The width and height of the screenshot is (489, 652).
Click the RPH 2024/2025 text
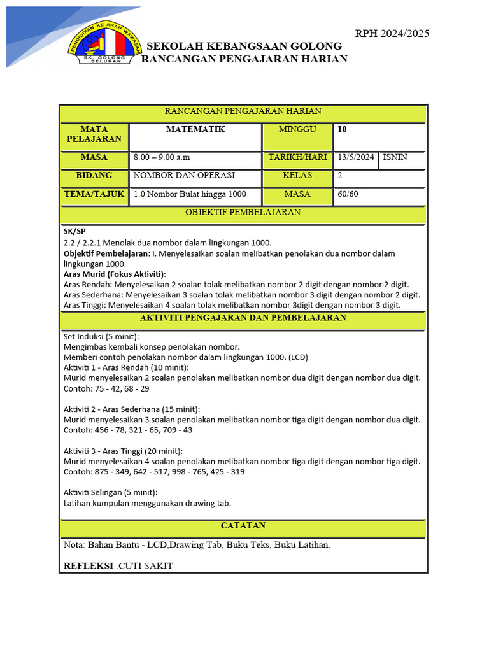(392, 34)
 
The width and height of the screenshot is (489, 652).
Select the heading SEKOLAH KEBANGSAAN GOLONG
(244, 46)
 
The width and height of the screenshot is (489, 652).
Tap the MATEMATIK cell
(195, 130)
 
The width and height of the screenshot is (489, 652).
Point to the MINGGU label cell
(297, 130)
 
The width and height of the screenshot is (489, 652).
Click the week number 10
(343, 129)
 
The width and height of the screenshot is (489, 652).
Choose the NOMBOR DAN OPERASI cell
(184, 176)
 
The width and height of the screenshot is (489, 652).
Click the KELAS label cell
(297, 176)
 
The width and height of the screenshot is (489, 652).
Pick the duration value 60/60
(348, 194)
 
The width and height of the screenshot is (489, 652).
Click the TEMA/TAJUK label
(94, 194)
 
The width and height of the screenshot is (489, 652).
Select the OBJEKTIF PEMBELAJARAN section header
(243, 213)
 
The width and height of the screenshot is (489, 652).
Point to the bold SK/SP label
(74, 231)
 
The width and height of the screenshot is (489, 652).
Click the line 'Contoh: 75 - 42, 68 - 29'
(107, 388)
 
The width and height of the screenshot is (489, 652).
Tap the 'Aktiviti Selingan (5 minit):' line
(111, 492)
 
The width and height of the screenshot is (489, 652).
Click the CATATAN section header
(243, 526)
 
